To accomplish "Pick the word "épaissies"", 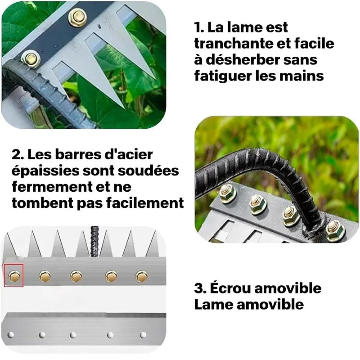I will click(x=41, y=171).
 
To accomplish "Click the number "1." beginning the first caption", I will click(x=199, y=27).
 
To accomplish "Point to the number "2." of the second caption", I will click(x=18, y=154).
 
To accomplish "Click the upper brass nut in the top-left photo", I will click(x=77, y=18).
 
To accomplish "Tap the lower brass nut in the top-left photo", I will click(x=31, y=58).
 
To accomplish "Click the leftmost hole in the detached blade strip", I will click(x=11, y=335).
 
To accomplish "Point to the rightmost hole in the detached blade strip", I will click(x=143, y=335).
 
